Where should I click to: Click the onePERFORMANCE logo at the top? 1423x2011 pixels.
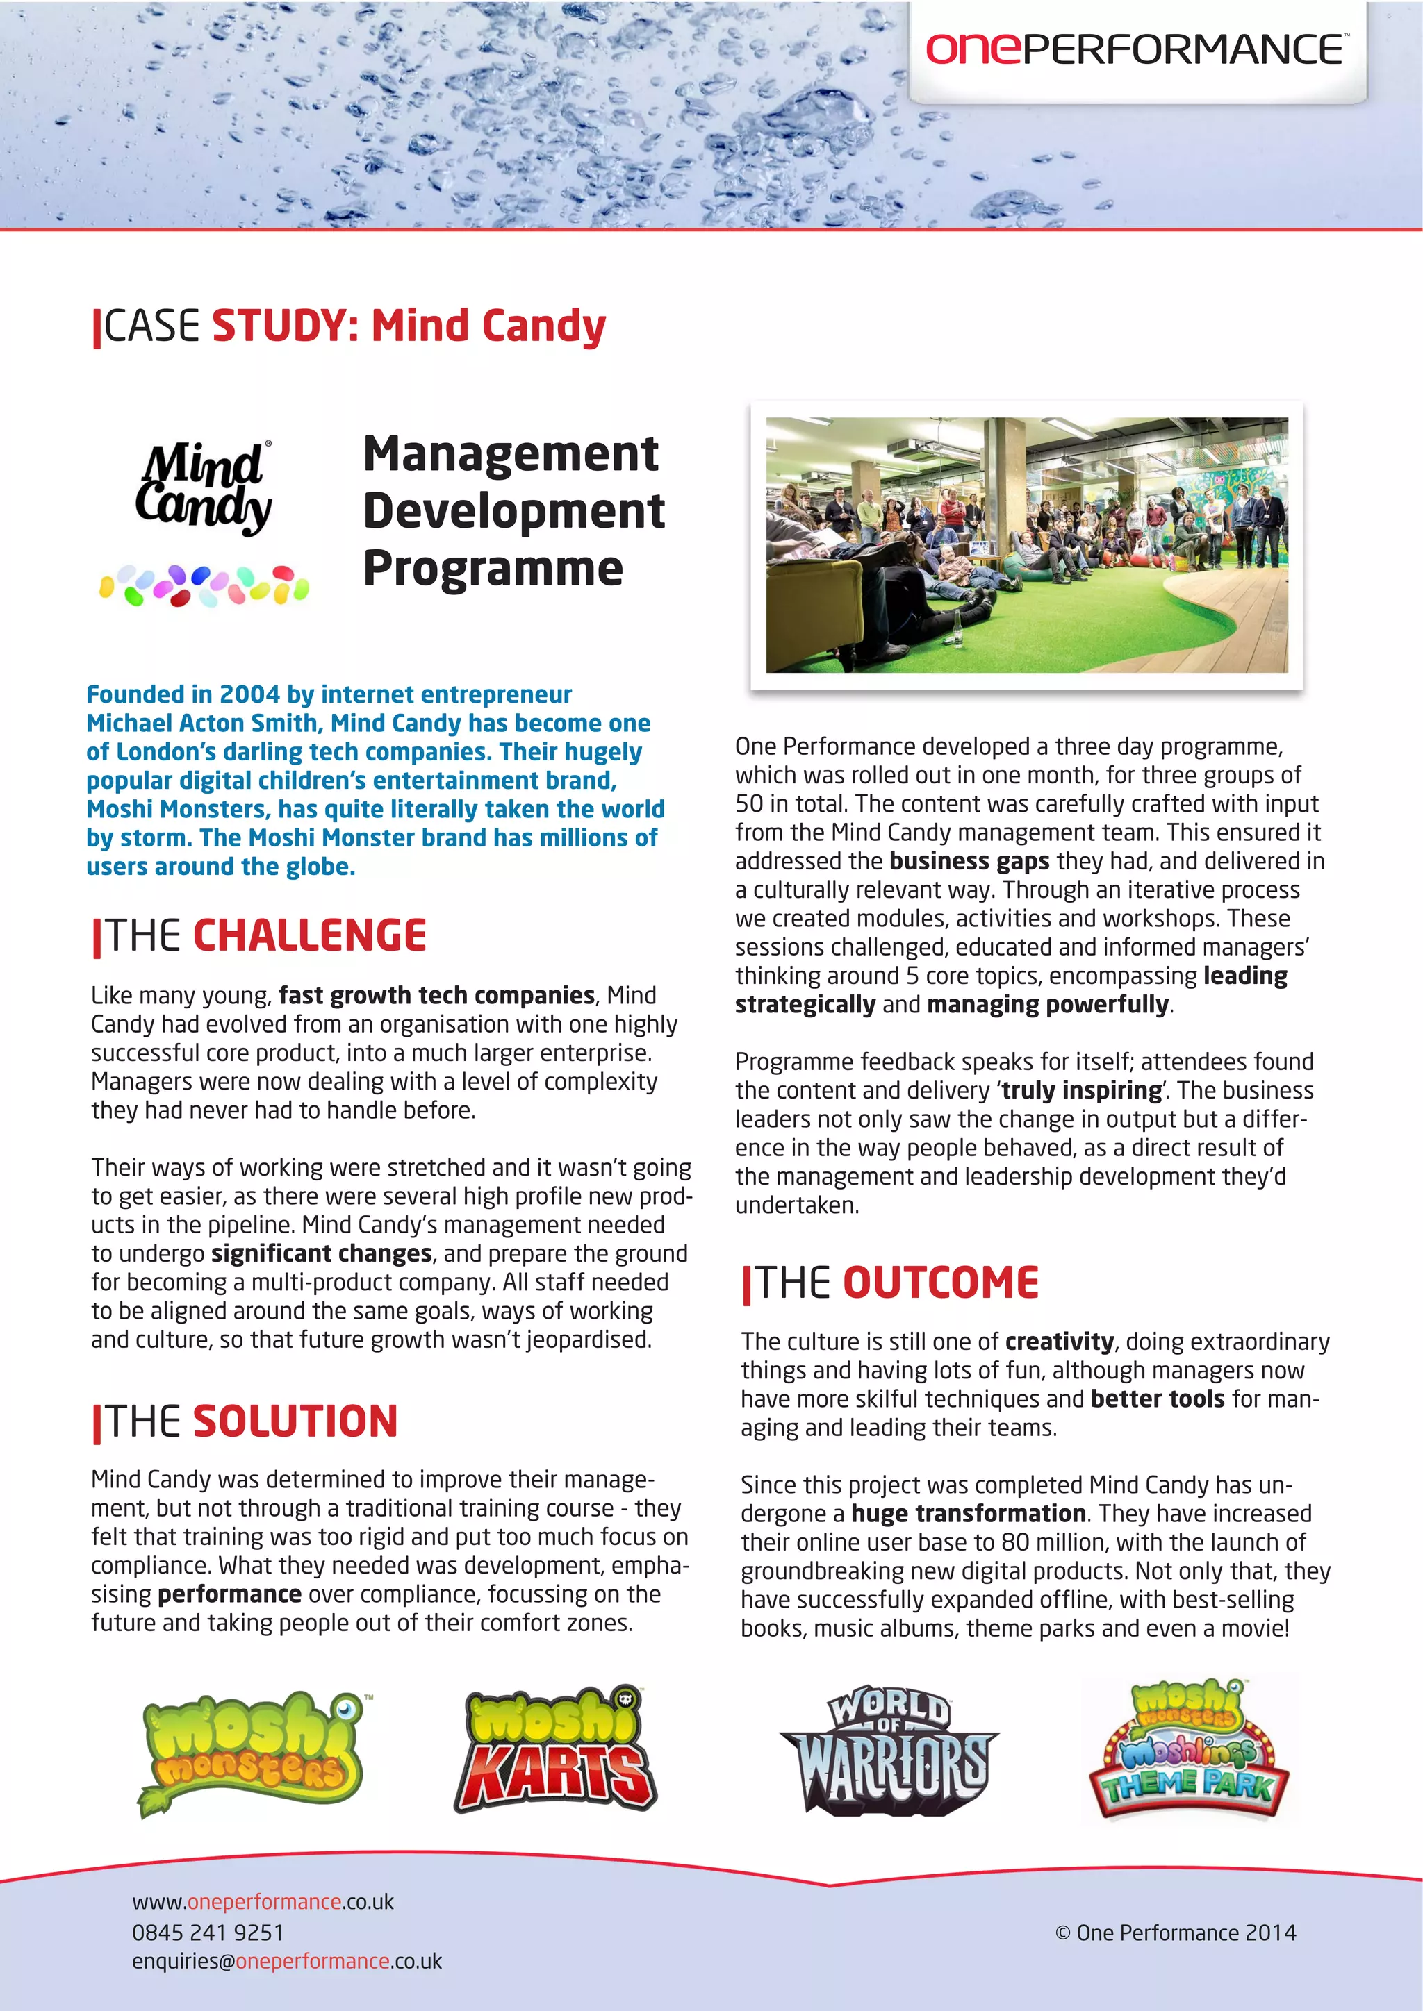click(x=1137, y=50)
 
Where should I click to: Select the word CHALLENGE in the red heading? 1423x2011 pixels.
click(x=309, y=935)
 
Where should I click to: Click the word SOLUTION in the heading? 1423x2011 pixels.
click(x=295, y=1421)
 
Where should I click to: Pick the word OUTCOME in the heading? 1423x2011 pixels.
click(x=940, y=1283)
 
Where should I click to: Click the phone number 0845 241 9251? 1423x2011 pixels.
click(x=208, y=1932)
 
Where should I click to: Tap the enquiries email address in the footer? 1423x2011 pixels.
click(x=286, y=1960)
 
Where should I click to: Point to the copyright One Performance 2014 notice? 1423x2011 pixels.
click(x=1175, y=1932)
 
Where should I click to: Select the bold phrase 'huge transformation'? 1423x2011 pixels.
click(x=968, y=1514)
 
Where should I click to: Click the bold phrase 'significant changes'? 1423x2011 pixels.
click(x=322, y=1254)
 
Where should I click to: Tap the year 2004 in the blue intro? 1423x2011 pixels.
click(x=249, y=694)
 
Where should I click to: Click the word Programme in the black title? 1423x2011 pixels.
click(x=493, y=569)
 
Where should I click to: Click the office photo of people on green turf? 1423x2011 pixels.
click(x=1026, y=545)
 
